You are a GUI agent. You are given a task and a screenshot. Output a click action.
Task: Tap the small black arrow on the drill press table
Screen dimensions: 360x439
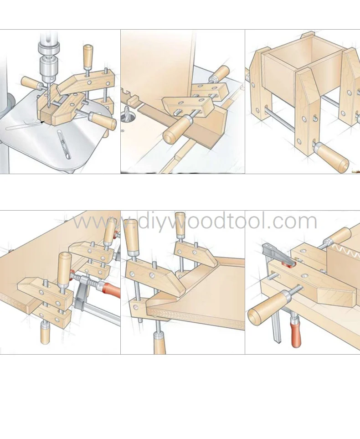click(x=42, y=122)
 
